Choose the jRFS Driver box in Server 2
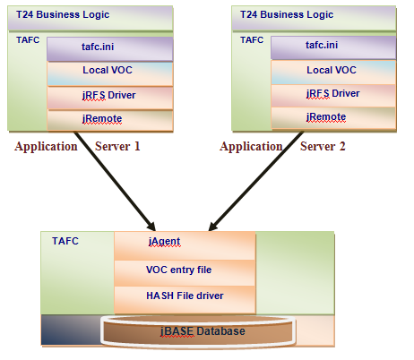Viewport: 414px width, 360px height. [x=331, y=94]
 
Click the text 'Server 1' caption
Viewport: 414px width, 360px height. [x=118, y=147]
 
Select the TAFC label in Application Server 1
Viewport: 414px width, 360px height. [x=28, y=39]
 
